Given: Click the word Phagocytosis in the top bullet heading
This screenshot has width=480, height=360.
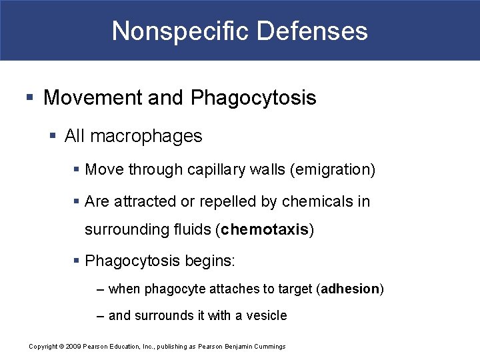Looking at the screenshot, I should (253, 99).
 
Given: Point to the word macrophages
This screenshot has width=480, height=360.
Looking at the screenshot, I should (145, 136).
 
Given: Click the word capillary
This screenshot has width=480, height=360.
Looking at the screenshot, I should (217, 170).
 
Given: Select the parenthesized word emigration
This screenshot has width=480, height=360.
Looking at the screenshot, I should (333, 170).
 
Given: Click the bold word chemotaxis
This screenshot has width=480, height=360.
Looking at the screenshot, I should (265, 230).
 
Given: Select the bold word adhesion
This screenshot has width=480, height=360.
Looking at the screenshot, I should (351, 289).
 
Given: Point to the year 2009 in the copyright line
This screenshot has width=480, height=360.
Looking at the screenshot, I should (73, 346).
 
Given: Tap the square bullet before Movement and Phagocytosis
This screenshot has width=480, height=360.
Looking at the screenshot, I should (29, 99).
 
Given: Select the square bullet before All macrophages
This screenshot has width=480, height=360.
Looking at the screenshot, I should (54, 137).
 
